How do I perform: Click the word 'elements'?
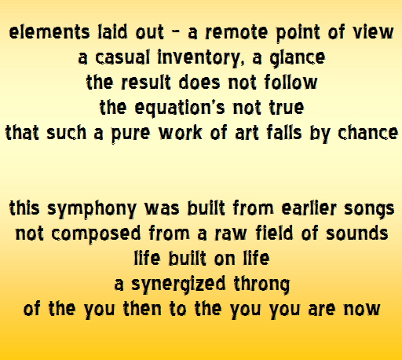49,32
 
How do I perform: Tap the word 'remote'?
236,32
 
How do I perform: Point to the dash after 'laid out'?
176,32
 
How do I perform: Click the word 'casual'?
122,57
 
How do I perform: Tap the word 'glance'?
298,57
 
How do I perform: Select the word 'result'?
146,82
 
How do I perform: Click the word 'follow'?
291,82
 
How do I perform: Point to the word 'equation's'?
180,108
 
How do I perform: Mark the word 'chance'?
367,133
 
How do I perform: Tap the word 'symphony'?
92,209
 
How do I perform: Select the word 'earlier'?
309,208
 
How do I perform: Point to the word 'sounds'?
357,233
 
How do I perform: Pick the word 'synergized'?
178,284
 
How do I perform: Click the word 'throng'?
261,284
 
